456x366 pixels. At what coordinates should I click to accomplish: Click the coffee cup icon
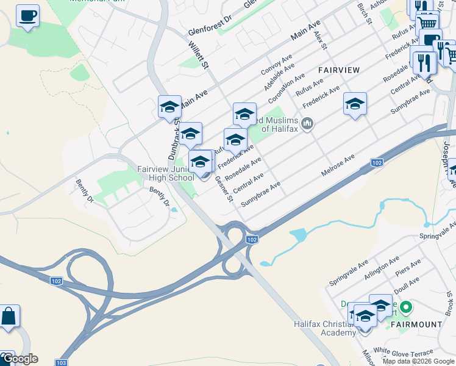click(x=27, y=16)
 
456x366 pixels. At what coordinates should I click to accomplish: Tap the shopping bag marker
click(x=9, y=317)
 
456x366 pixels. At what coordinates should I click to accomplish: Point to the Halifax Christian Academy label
click(x=324, y=328)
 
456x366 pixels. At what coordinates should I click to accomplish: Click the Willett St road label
click(x=199, y=55)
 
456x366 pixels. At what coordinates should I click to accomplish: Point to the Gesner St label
click(x=225, y=190)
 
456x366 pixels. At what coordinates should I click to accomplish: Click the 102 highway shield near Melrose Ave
click(x=377, y=162)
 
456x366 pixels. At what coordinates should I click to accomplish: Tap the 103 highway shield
click(x=62, y=362)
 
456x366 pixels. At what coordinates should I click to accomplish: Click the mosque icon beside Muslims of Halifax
click(x=307, y=124)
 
